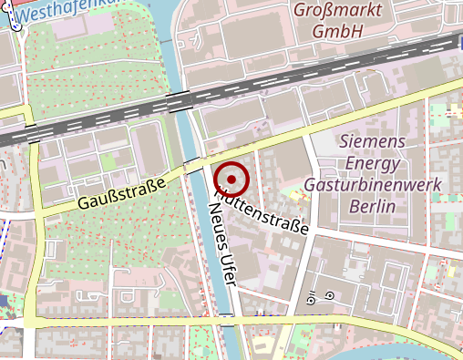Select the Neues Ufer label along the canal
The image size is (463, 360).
[222, 245]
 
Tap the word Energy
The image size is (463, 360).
[372, 163]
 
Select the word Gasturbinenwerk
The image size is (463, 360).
[372, 185]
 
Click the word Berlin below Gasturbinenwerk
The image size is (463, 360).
[372, 206]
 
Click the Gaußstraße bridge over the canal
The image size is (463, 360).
[194, 165]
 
